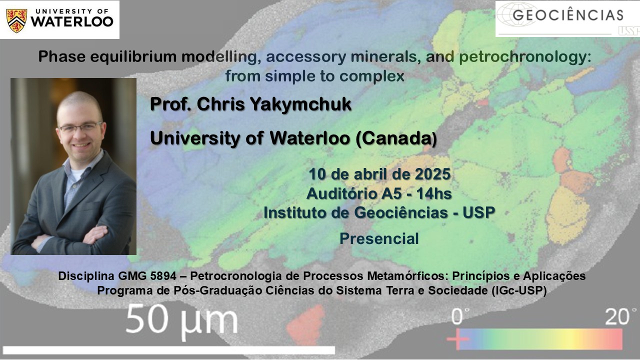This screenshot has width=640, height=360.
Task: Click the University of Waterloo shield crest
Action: [17, 20]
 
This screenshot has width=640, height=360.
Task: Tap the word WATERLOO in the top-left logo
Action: [72, 21]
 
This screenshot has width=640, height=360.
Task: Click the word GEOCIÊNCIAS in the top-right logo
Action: [568, 14]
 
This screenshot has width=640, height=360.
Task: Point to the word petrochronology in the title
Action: [525, 57]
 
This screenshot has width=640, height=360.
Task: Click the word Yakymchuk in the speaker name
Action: [301, 104]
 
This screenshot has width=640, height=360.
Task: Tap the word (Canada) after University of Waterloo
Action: [396, 138]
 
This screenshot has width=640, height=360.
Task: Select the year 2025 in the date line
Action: [432, 174]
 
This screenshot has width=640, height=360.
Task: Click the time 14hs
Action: [434, 193]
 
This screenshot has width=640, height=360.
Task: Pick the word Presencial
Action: [379, 238]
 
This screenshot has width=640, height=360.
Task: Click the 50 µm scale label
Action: [181, 321]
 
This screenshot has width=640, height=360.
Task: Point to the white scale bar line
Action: [169, 350]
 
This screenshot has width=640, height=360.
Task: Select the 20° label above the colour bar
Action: [620, 316]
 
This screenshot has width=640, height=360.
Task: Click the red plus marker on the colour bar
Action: [457, 339]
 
